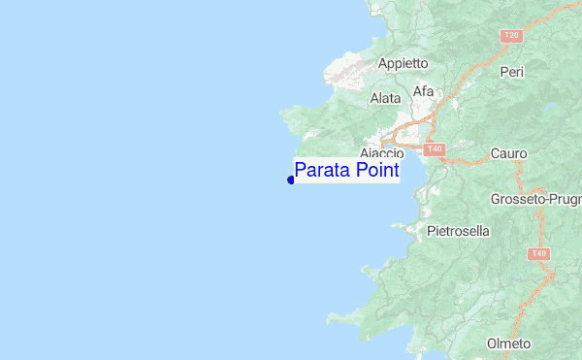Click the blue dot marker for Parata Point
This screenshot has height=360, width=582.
click(291, 180)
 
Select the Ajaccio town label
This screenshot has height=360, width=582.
click(381, 153)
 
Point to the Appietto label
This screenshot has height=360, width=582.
click(403, 63)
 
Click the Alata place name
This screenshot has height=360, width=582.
click(385, 98)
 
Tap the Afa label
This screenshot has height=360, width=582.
click(424, 91)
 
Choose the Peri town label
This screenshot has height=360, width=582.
click(511, 72)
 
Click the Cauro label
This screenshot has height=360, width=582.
click(508, 153)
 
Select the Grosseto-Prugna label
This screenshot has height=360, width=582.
click(534, 199)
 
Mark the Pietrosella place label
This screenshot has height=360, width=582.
click(458, 232)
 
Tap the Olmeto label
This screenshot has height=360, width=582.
click(508, 344)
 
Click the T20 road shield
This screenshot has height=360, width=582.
click(511, 36)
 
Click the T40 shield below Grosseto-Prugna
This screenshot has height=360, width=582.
click(538, 254)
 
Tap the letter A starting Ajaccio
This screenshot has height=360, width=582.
click(363, 153)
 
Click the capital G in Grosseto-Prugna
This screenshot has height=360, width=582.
click(496, 199)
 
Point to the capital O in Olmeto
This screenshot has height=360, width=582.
click(491, 344)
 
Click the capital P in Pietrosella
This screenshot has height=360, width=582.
click(431, 232)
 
